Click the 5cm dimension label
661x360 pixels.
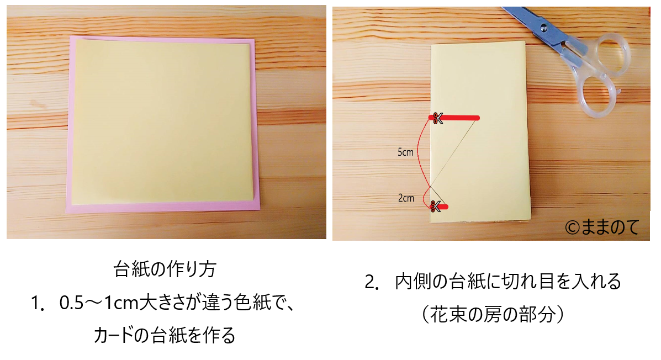coord(405,152)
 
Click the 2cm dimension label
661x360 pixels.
coord(406,198)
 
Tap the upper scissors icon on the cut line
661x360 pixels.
coord(437,118)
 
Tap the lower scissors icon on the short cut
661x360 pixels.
coord(435,206)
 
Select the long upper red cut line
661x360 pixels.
coord(454,118)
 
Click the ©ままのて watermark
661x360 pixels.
coord(602,227)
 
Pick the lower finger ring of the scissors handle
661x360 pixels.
coord(596,98)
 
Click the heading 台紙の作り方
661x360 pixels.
coord(165,269)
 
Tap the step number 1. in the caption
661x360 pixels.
coord(38,303)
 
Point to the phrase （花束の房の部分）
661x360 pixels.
coord(493,314)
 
